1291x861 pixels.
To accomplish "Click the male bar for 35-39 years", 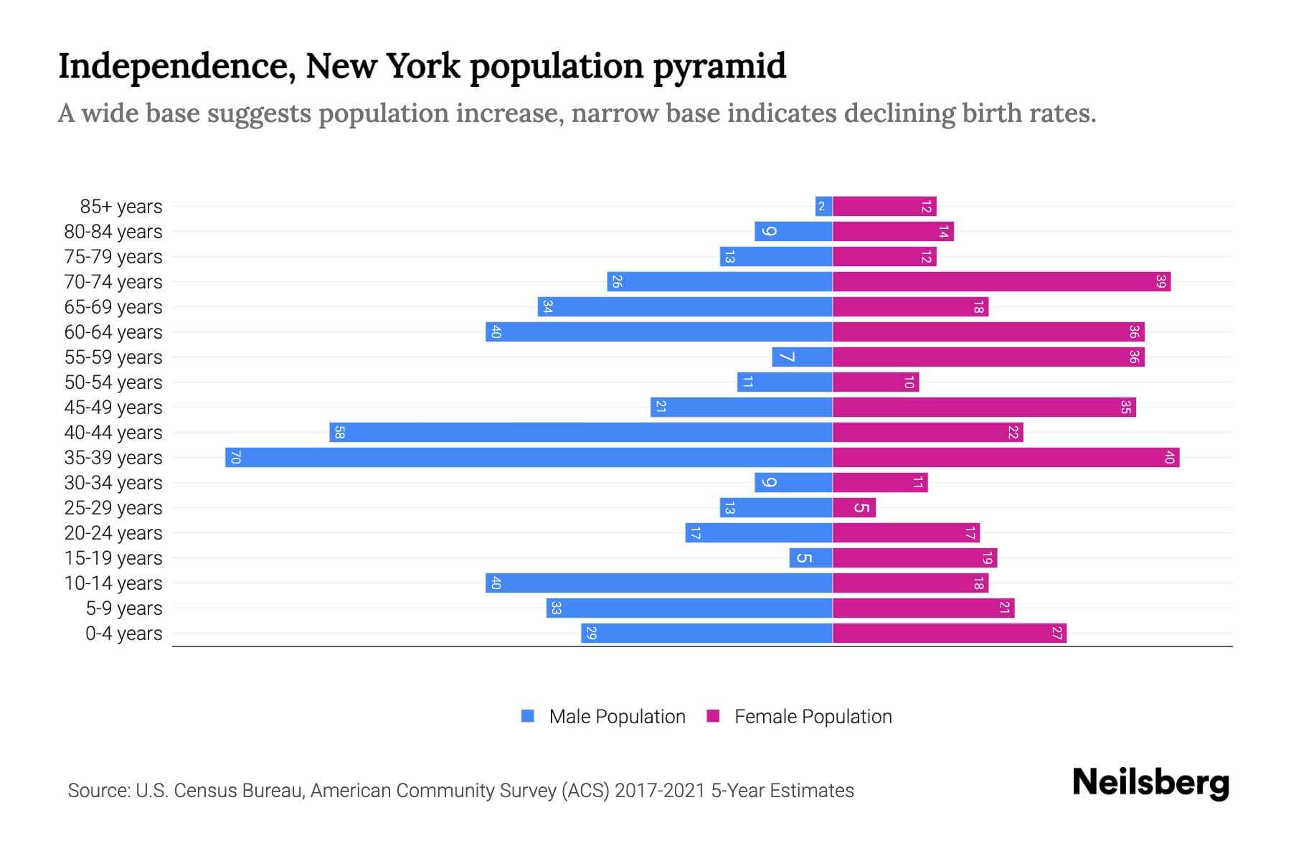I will pos(529,457).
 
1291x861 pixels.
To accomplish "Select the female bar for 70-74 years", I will pos(1001,281).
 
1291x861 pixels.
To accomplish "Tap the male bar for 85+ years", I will pos(823,207).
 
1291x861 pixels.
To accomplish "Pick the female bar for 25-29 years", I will pos(853,508).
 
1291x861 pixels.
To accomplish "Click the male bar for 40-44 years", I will pos(581,432).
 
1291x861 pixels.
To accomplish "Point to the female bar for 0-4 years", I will pos(949,633).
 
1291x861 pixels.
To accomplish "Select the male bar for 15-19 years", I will pos(810,558).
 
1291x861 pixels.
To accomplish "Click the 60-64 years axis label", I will pos(113,332).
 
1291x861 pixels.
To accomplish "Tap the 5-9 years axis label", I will pos(123,608).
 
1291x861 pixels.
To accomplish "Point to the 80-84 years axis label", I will pos(113,232).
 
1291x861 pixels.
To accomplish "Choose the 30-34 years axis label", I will pos(113,483).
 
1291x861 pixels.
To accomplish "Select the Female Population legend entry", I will pos(800,716).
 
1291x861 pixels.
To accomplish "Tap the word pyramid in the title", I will pos(719,66).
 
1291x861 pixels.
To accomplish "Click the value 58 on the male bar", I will pos(340,433).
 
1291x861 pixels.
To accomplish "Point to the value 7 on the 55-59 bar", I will pos(787,357).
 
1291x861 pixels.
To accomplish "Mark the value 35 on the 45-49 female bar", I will pos(1125,408).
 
